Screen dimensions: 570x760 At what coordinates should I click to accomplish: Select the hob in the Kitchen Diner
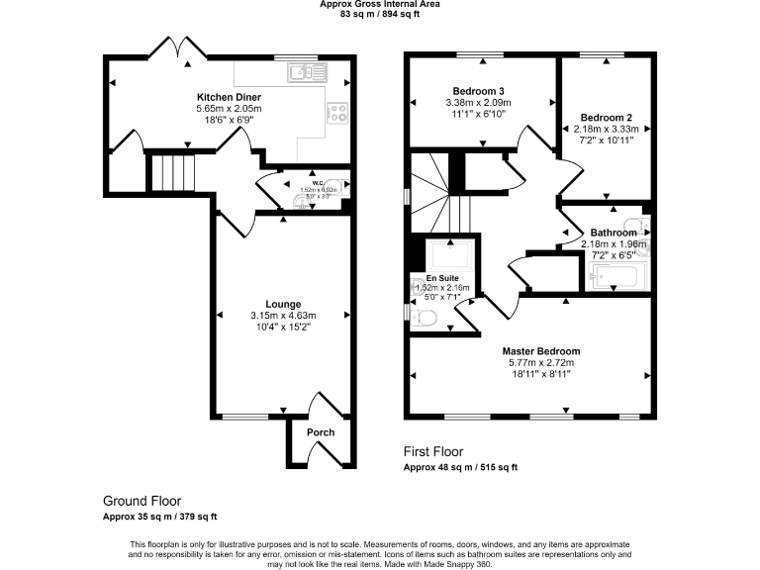tap(337, 113)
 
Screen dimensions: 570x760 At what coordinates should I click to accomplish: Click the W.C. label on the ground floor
tap(319, 181)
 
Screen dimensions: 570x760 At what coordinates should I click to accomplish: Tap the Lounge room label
tap(282, 304)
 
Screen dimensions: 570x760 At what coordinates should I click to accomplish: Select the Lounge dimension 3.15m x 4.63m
tap(282, 316)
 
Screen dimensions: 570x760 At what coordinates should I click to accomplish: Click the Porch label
tap(321, 432)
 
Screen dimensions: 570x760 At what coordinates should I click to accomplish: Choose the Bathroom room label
tap(614, 233)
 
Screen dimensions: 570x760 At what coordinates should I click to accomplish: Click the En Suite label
tap(443, 278)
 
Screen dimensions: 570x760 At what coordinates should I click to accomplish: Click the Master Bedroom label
tap(540, 351)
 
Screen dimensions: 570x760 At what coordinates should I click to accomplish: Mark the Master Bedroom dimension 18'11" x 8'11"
tap(540, 374)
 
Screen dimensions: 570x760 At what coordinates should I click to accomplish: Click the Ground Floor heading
tap(142, 502)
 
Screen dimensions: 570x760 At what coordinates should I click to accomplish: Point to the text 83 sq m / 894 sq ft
tap(380, 15)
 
